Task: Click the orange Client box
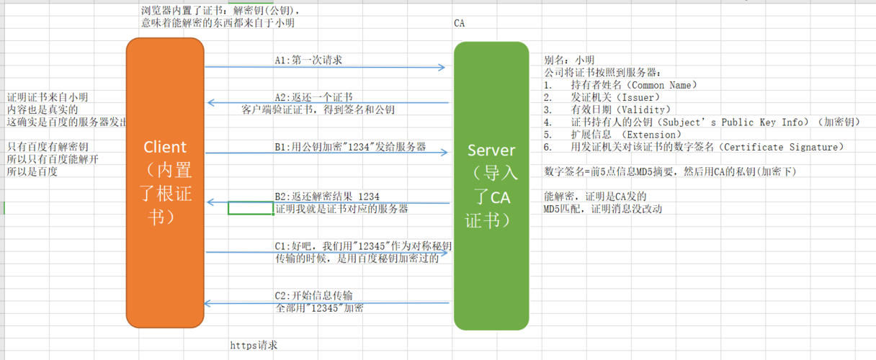165,184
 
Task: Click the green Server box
492,186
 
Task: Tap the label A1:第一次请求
308,60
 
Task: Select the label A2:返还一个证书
313,97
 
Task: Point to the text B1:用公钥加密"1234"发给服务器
350,147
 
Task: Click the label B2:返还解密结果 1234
327,197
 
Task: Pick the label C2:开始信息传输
313,296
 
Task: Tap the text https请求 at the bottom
254,346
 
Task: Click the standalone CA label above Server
460,23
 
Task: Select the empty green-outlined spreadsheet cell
250,208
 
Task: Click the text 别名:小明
569,60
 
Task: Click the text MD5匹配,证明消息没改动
602,209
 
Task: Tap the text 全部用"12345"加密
319,308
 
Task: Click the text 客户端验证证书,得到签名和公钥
318,109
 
